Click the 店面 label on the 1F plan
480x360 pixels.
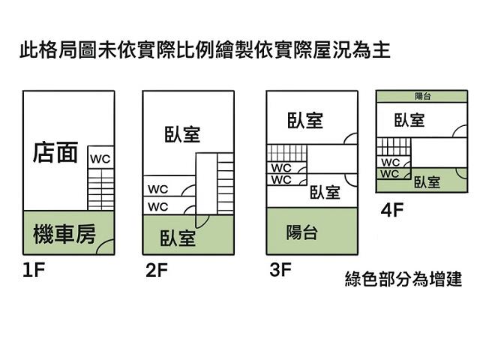(55, 153)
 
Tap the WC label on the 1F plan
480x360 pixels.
(100, 159)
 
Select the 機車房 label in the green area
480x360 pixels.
(64, 235)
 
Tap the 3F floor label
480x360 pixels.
(279, 270)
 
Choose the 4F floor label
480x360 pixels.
(392, 210)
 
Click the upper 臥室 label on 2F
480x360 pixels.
(182, 134)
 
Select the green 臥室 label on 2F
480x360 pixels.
(178, 238)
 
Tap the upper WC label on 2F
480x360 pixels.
(158, 188)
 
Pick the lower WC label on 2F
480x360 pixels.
(158, 206)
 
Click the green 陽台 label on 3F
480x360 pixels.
(301, 233)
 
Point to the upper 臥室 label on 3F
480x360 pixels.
(305, 120)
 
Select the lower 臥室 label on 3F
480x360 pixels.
(325, 193)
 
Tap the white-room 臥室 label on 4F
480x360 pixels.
(409, 120)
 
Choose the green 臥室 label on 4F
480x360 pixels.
(427, 182)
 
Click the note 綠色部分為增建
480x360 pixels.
(403, 280)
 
